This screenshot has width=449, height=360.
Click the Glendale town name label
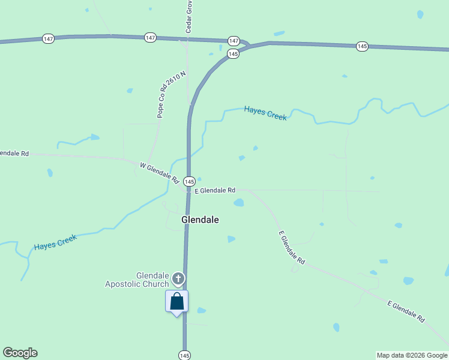(x=200, y=220)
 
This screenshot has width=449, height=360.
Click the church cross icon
(x=178, y=278)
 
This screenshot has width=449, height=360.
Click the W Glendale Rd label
(x=160, y=173)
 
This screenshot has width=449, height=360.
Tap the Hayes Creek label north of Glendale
(x=265, y=113)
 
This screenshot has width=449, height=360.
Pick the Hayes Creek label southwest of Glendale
(x=55, y=242)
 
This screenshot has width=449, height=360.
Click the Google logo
(x=20, y=353)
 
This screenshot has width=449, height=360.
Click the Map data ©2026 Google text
(x=412, y=355)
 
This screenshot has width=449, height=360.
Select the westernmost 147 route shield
(x=49, y=38)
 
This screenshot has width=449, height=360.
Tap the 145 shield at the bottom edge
(x=184, y=355)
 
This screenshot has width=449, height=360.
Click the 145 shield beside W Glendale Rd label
(x=189, y=181)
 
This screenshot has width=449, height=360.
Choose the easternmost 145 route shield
(x=362, y=46)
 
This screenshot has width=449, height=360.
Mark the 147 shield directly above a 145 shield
(x=234, y=41)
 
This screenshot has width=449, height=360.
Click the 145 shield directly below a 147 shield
(x=234, y=54)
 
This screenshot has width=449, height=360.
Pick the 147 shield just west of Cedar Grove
(x=150, y=38)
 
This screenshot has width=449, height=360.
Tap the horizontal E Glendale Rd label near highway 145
(x=215, y=190)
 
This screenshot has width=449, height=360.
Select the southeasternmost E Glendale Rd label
(x=406, y=312)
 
